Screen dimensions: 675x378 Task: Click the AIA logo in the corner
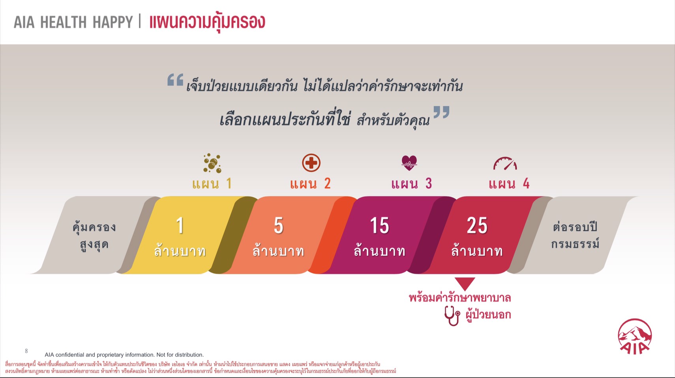[x=635, y=337]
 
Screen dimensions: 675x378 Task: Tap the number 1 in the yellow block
[x=180, y=225]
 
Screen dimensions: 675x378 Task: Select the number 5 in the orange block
[x=278, y=225]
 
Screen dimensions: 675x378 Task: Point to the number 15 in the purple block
[x=379, y=225]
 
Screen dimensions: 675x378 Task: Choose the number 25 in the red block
[x=477, y=225]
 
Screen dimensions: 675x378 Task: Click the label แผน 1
[x=212, y=183]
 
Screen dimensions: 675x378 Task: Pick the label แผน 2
[x=310, y=183]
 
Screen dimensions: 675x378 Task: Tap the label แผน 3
[x=412, y=183]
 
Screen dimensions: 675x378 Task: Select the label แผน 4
[x=509, y=183]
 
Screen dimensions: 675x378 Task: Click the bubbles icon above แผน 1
[x=212, y=163]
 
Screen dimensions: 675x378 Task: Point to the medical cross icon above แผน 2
[x=311, y=163]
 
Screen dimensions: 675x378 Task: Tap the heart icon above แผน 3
[x=409, y=163]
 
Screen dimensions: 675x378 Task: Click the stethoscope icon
[x=452, y=316]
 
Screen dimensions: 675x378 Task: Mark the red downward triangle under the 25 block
[x=465, y=283]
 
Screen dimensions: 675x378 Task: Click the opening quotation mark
[x=175, y=80]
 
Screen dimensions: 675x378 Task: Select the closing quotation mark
[x=441, y=112]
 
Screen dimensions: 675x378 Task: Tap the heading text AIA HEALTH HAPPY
[x=73, y=22]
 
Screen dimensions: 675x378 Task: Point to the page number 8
[x=26, y=351]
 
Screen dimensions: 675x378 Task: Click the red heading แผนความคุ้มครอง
[x=207, y=22]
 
